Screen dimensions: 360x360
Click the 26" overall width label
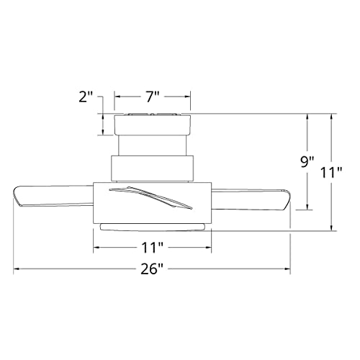(x=152, y=269)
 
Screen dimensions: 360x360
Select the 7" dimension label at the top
(x=153, y=96)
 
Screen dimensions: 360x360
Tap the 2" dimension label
(x=86, y=96)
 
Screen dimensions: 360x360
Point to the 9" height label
(x=307, y=162)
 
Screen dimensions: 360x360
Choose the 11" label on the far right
(x=331, y=172)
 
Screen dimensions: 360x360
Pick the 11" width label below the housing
(x=153, y=248)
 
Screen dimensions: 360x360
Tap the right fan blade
(x=251, y=199)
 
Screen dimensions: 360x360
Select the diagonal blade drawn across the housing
(x=150, y=197)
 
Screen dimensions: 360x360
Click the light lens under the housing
(x=153, y=228)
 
